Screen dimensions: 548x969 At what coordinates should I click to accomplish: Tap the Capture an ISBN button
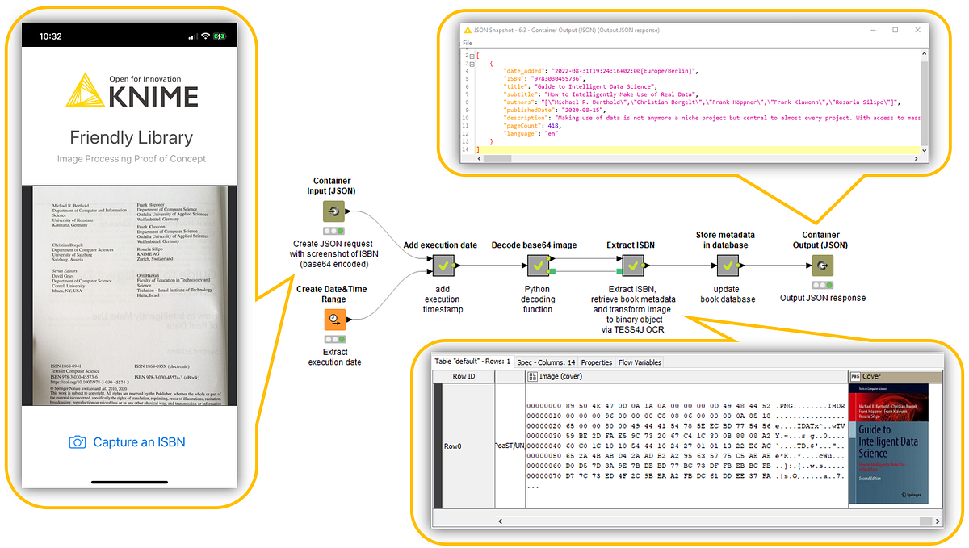[x=130, y=442]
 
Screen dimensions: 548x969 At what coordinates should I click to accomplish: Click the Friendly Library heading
[x=131, y=137]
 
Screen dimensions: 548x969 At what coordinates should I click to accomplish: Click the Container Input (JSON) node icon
[x=333, y=211]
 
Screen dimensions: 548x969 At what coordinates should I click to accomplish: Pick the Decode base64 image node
[x=539, y=265]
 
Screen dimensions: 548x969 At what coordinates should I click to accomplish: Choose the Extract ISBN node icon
[x=633, y=265]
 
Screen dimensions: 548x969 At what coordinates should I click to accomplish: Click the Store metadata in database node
[x=728, y=265]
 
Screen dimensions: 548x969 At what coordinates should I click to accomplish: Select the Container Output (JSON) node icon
[x=822, y=265]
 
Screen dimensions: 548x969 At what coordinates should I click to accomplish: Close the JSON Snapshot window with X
[x=917, y=30]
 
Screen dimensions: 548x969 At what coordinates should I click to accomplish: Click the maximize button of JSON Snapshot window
[x=895, y=30]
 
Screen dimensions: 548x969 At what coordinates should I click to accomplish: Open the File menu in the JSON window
[x=467, y=43]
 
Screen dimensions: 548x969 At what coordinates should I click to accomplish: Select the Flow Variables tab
[x=640, y=362]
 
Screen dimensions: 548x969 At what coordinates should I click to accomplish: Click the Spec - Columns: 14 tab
[x=547, y=362]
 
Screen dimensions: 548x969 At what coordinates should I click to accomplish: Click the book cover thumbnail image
[x=887, y=443]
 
